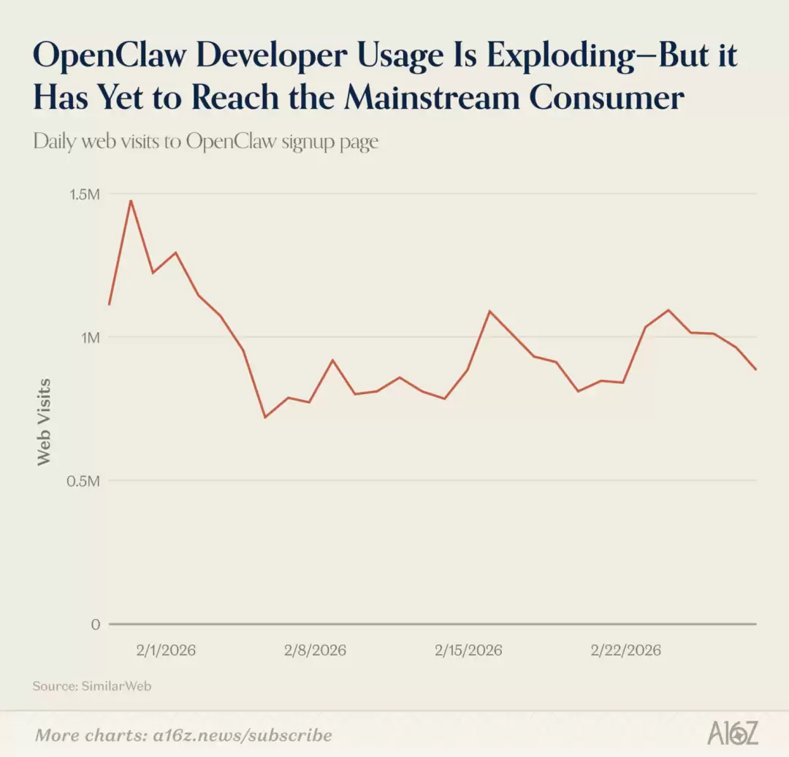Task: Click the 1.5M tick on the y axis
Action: pyautogui.click(x=85, y=194)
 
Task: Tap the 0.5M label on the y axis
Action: pyautogui.click(x=85, y=481)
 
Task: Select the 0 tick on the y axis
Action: pyautogui.click(x=95, y=625)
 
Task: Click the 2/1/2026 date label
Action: pyautogui.click(x=166, y=650)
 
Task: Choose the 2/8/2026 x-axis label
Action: pyautogui.click(x=316, y=650)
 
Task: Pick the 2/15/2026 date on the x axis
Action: pyautogui.click(x=468, y=650)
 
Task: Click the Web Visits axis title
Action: pyautogui.click(x=45, y=421)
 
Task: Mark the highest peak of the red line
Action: pyautogui.click(x=131, y=201)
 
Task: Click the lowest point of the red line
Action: pyautogui.click(x=264, y=417)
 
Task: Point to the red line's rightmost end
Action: pyautogui.click(x=756, y=369)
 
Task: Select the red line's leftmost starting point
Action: pyautogui.click(x=109, y=304)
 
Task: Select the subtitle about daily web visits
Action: pyautogui.click(x=206, y=141)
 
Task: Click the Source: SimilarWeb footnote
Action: pyautogui.click(x=92, y=686)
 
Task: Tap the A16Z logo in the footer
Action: pyautogui.click(x=732, y=733)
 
